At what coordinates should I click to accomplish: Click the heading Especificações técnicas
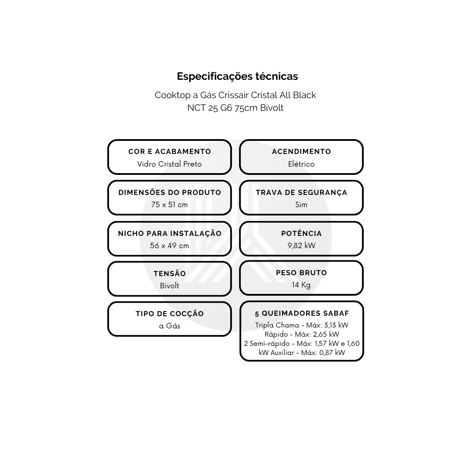point(237,77)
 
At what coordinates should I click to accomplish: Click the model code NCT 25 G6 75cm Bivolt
point(235,108)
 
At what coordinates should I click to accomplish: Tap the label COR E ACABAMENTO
point(170,151)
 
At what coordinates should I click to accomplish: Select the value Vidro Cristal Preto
point(169,164)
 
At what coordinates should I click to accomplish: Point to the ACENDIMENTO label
point(301,151)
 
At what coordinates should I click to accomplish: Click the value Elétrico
point(301,164)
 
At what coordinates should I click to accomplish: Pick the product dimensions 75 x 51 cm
point(169,205)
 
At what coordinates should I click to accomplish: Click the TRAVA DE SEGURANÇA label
point(301,193)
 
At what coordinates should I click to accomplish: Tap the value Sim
point(301,205)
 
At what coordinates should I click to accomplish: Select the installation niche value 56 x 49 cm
point(169,246)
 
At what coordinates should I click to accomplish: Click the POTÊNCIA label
point(301,233)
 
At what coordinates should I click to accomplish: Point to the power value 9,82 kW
point(301,246)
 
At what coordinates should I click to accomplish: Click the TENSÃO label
point(170,273)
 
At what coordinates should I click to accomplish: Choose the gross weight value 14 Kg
point(301,285)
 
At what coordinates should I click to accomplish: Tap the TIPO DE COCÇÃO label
point(170,314)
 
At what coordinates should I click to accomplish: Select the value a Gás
point(169,326)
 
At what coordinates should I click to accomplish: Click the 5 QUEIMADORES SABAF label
point(302,314)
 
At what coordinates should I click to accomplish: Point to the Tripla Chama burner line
point(302,325)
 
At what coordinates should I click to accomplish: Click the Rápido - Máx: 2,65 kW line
point(302,334)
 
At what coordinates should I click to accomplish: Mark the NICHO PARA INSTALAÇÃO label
point(170,233)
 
